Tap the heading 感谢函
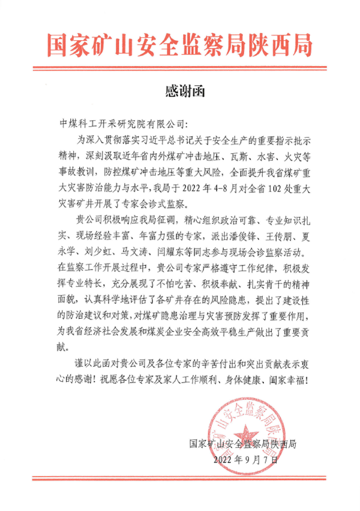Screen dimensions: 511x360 click(x=180, y=91)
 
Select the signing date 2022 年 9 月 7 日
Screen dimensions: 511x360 click(x=246, y=461)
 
